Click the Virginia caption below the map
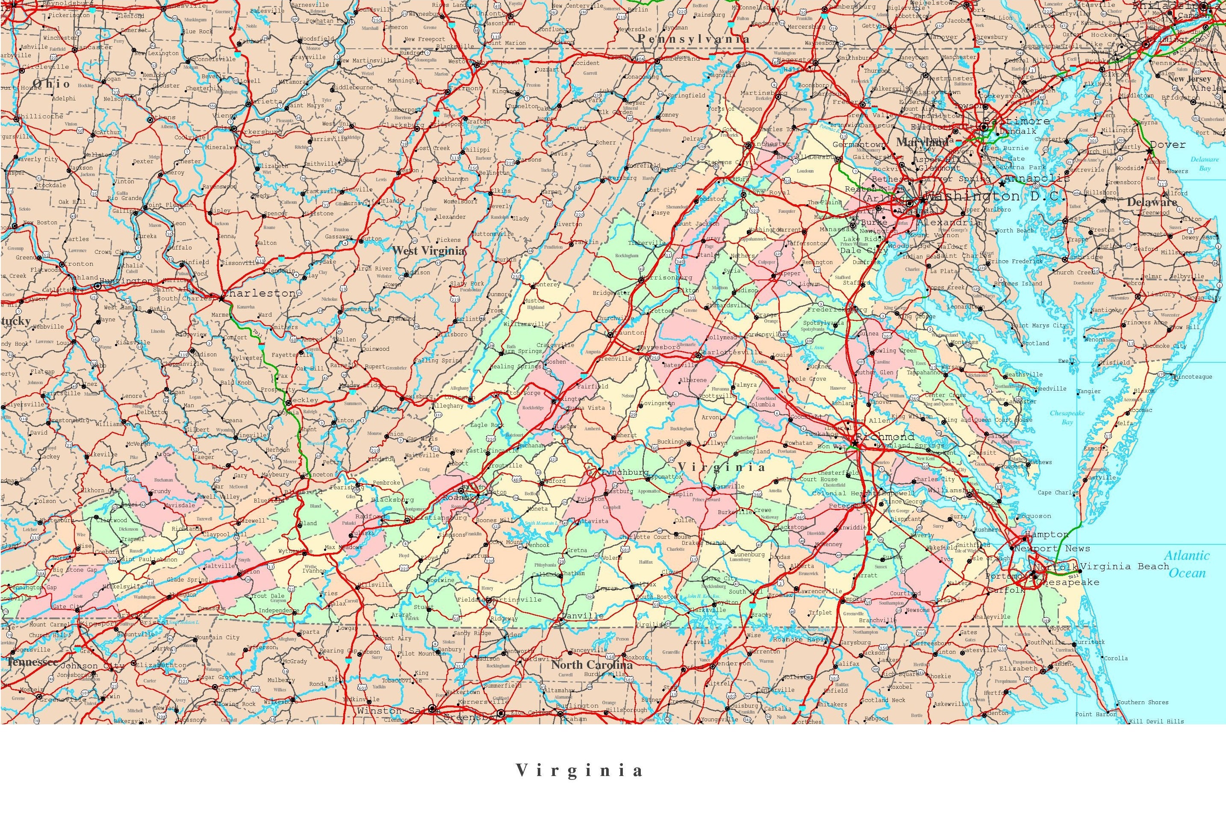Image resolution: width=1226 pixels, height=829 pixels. click(580, 770)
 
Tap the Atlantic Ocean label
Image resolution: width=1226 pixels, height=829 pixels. click(1188, 564)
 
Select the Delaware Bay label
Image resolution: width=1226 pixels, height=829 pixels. click(1204, 164)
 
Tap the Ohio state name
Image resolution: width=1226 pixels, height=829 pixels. click(51, 84)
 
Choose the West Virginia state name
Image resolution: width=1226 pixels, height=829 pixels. click(429, 251)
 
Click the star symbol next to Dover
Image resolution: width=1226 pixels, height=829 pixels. click(1149, 151)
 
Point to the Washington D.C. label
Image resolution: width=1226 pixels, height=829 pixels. click(992, 196)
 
